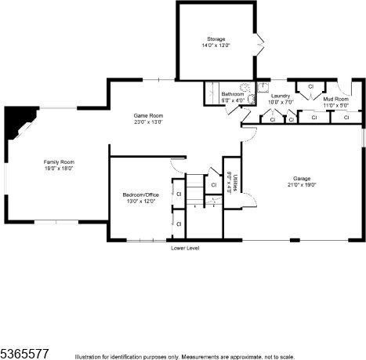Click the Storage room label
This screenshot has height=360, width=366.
pos(216,39)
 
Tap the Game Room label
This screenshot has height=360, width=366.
pos(148,116)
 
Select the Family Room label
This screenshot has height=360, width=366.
pos(59,162)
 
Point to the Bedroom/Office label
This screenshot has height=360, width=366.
pos(139,195)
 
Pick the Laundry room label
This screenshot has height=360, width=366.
pos(280,96)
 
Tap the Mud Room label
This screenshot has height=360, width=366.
pos(335,100)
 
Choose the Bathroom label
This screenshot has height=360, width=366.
pos(232,95)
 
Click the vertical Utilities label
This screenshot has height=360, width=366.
pos(235,182)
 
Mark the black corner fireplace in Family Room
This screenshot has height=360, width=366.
pos(16,121)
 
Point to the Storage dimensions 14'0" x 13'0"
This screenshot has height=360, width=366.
pos(216,45)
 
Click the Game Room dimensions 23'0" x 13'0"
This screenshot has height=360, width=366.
pos(148,122)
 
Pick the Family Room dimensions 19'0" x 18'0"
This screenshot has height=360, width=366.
pos(59,168)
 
